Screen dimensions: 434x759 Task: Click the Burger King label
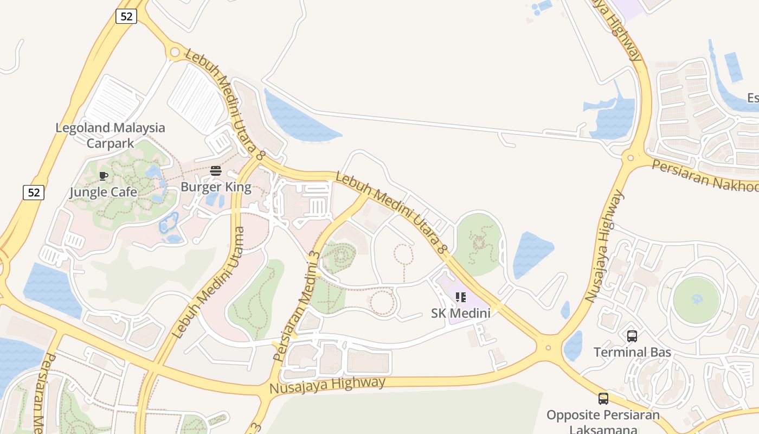[216, 187]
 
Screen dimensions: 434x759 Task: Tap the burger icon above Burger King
[216, 171]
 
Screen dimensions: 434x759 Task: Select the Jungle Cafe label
[103, 192]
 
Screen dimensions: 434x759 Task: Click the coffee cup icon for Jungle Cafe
[104, 176]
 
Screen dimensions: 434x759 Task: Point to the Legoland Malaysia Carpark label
[110, 135]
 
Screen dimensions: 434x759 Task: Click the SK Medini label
[460, 313]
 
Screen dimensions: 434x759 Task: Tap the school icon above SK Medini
[460, 297]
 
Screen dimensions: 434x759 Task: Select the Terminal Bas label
[632, 352]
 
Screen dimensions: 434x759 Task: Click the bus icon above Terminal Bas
[632, 336]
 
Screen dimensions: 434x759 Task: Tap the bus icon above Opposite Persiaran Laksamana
[603, 399]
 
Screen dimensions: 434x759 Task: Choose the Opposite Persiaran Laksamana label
[603, 422]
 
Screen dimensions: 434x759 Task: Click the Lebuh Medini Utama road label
[209, 282]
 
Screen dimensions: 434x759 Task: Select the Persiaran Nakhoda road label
[705, 175]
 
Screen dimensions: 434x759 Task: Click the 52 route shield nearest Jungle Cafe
[33, 192]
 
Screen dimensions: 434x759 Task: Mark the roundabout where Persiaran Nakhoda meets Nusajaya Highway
[630, 158]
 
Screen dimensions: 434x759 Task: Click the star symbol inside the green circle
[696, 300]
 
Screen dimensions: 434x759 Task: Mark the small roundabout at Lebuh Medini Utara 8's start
[175, 53]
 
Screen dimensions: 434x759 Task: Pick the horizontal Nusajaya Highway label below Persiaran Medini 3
[327, 385]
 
